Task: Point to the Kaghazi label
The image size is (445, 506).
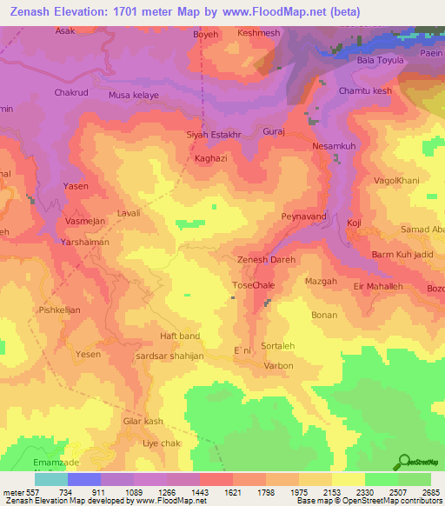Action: (x=212, y=160)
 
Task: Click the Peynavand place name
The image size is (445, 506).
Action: (x=303, y=215)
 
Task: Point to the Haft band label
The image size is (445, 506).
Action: (x=180, y=336)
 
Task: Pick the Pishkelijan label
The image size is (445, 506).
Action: (x=59, y=309)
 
